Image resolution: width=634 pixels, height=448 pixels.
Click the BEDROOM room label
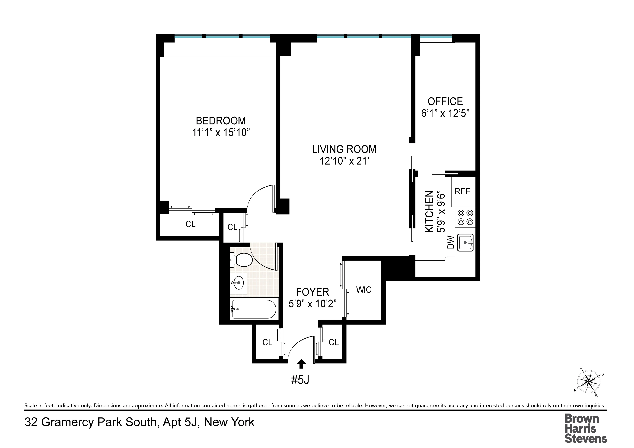coord(221,121)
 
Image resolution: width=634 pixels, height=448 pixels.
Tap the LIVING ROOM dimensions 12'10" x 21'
coord(344,161)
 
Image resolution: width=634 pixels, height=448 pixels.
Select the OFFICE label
coord(445,102)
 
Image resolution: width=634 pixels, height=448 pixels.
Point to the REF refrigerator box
coord(462,191)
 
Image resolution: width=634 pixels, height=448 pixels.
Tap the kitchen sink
coord(465,243)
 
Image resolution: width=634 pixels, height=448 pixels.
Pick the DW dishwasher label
coord(451,242)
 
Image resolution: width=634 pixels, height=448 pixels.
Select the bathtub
coord(254,309)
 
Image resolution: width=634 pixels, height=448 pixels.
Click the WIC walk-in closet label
coord(364,290)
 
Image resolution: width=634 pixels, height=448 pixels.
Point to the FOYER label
coord(312,292)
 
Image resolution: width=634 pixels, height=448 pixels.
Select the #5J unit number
coord(300,380)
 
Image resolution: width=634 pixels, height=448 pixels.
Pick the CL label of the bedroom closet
coord(190,224)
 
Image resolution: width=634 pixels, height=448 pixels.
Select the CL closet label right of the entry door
coord(334,342)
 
